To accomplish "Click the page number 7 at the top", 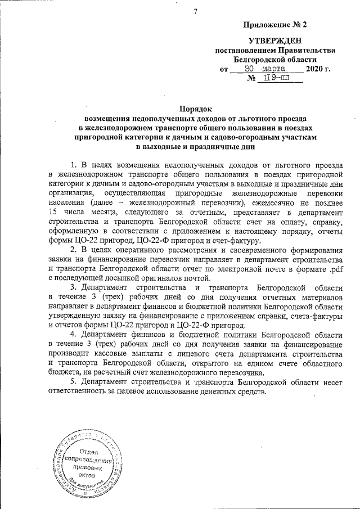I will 195,12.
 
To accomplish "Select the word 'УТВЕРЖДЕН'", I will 275,40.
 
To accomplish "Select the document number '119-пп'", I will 275,79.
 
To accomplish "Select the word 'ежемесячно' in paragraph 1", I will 285,202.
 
